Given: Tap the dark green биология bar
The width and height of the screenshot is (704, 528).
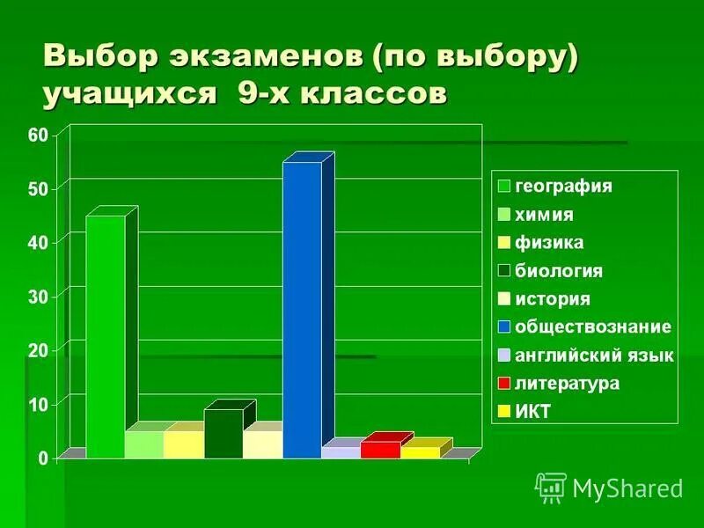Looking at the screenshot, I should [x=224, y=433].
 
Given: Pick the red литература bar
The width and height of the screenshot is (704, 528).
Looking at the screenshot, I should [x=380, y=450].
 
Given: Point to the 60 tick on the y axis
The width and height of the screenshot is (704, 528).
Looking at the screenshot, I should [x=37, y=135].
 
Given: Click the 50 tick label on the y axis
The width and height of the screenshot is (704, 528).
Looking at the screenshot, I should [x=37, y=189].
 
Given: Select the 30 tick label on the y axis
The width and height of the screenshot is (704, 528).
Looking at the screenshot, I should [x=37, y=297].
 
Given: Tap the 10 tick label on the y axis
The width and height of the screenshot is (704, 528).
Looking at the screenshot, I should [x=37, y=405].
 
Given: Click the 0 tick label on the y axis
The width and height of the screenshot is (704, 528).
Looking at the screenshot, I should [x=41, y=458].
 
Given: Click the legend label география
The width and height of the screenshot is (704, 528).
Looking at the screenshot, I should [x=563, y=187].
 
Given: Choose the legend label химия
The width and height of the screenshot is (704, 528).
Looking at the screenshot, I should [x=544, y=215].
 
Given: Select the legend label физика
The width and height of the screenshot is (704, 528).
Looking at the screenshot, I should [x=549, y=243].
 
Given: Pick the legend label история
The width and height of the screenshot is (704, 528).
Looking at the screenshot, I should [x=552, y=299].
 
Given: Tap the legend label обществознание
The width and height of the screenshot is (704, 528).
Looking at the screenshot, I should [x=592, y=327].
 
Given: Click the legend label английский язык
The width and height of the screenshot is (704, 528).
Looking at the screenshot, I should [x=594, y=356].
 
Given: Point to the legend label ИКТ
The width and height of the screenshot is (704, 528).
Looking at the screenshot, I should [x=532, y=412].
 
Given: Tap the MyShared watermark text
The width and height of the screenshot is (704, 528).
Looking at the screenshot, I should [x=627, y=488].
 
